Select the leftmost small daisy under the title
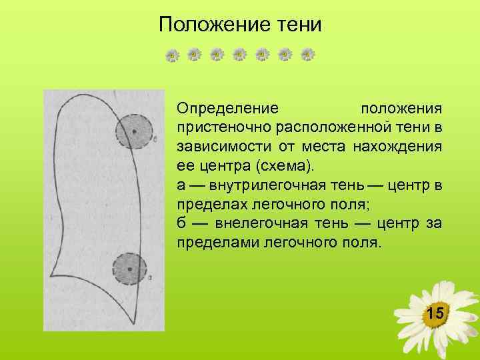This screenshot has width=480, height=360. click(x=171, y=55)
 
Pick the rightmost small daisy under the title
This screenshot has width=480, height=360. click(x=307, y=55)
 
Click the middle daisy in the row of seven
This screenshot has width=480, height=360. click(x=239, y=55)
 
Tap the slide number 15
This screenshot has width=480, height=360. click(x=435, y=313)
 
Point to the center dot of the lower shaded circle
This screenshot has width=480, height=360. click(x=130, y=269)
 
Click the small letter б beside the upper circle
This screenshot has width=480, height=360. click(x=155, y=140)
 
